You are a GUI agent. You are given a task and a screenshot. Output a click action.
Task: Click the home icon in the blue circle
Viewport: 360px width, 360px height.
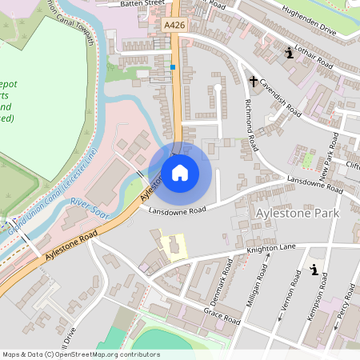(180, 172)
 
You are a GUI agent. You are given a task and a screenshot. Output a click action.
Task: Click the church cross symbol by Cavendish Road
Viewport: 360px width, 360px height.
(254, 81)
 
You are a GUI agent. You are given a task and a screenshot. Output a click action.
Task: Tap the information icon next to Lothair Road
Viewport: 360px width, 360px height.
(289, 54)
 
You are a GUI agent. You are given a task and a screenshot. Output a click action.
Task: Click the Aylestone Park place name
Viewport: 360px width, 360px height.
(296, 214)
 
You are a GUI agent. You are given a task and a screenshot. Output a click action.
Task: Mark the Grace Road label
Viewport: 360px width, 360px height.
(222, 314)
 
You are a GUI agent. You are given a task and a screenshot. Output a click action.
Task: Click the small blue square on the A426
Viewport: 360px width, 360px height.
(173, 67)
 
